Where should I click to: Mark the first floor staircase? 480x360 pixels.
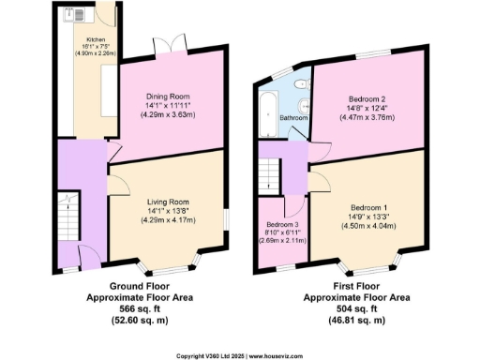pyautogui.click(x=269, y=173)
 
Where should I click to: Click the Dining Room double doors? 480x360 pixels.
pyautogui.click(x=165, y=45)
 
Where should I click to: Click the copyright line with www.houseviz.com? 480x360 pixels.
pyautogui.click(x=240, y=355)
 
